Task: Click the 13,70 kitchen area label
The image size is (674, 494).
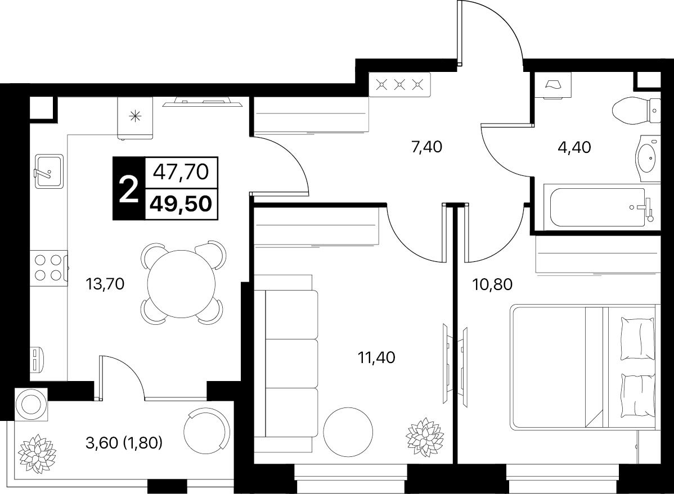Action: pos(105,284)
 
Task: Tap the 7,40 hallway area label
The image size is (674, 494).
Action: pos(426,147)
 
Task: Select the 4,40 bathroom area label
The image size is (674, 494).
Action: pos(574,147)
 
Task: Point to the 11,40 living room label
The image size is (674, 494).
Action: pos(376,357)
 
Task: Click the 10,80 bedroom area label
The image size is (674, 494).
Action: pos(493,284)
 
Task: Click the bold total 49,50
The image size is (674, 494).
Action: pos(181,203)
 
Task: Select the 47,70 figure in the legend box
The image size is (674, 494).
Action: pos(181,172)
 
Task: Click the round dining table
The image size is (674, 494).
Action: pos(181,284)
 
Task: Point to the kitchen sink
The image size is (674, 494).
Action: pos(49,171)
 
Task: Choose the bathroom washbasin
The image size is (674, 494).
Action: pos(647,158)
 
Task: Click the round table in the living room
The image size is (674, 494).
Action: pos(348,432)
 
